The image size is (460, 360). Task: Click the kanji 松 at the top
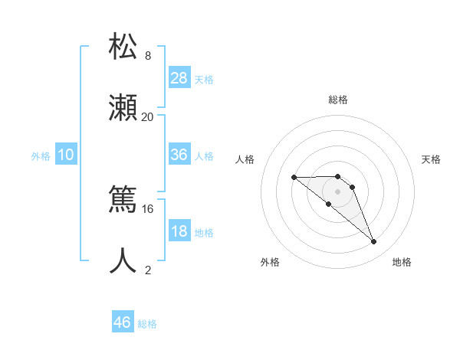123,46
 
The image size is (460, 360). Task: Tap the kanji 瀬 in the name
123,107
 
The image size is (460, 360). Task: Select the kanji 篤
123,200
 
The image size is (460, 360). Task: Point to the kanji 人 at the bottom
123,260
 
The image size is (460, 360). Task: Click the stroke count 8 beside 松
148,56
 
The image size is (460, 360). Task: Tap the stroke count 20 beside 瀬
147,117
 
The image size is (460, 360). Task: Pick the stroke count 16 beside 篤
147,208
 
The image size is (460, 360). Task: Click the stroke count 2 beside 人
148,270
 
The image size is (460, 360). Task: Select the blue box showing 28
179,78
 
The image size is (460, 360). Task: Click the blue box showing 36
179,155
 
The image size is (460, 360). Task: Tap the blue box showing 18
179,231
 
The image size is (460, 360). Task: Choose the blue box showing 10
66,155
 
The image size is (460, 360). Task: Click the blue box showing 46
123,322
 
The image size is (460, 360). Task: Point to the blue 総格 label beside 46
147,324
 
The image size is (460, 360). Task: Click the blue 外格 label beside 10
41,156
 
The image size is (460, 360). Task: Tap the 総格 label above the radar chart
338,100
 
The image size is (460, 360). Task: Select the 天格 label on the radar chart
431,159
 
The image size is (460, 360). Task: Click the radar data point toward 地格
374,242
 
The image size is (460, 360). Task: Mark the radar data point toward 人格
294,178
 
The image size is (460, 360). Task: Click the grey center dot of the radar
338,191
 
